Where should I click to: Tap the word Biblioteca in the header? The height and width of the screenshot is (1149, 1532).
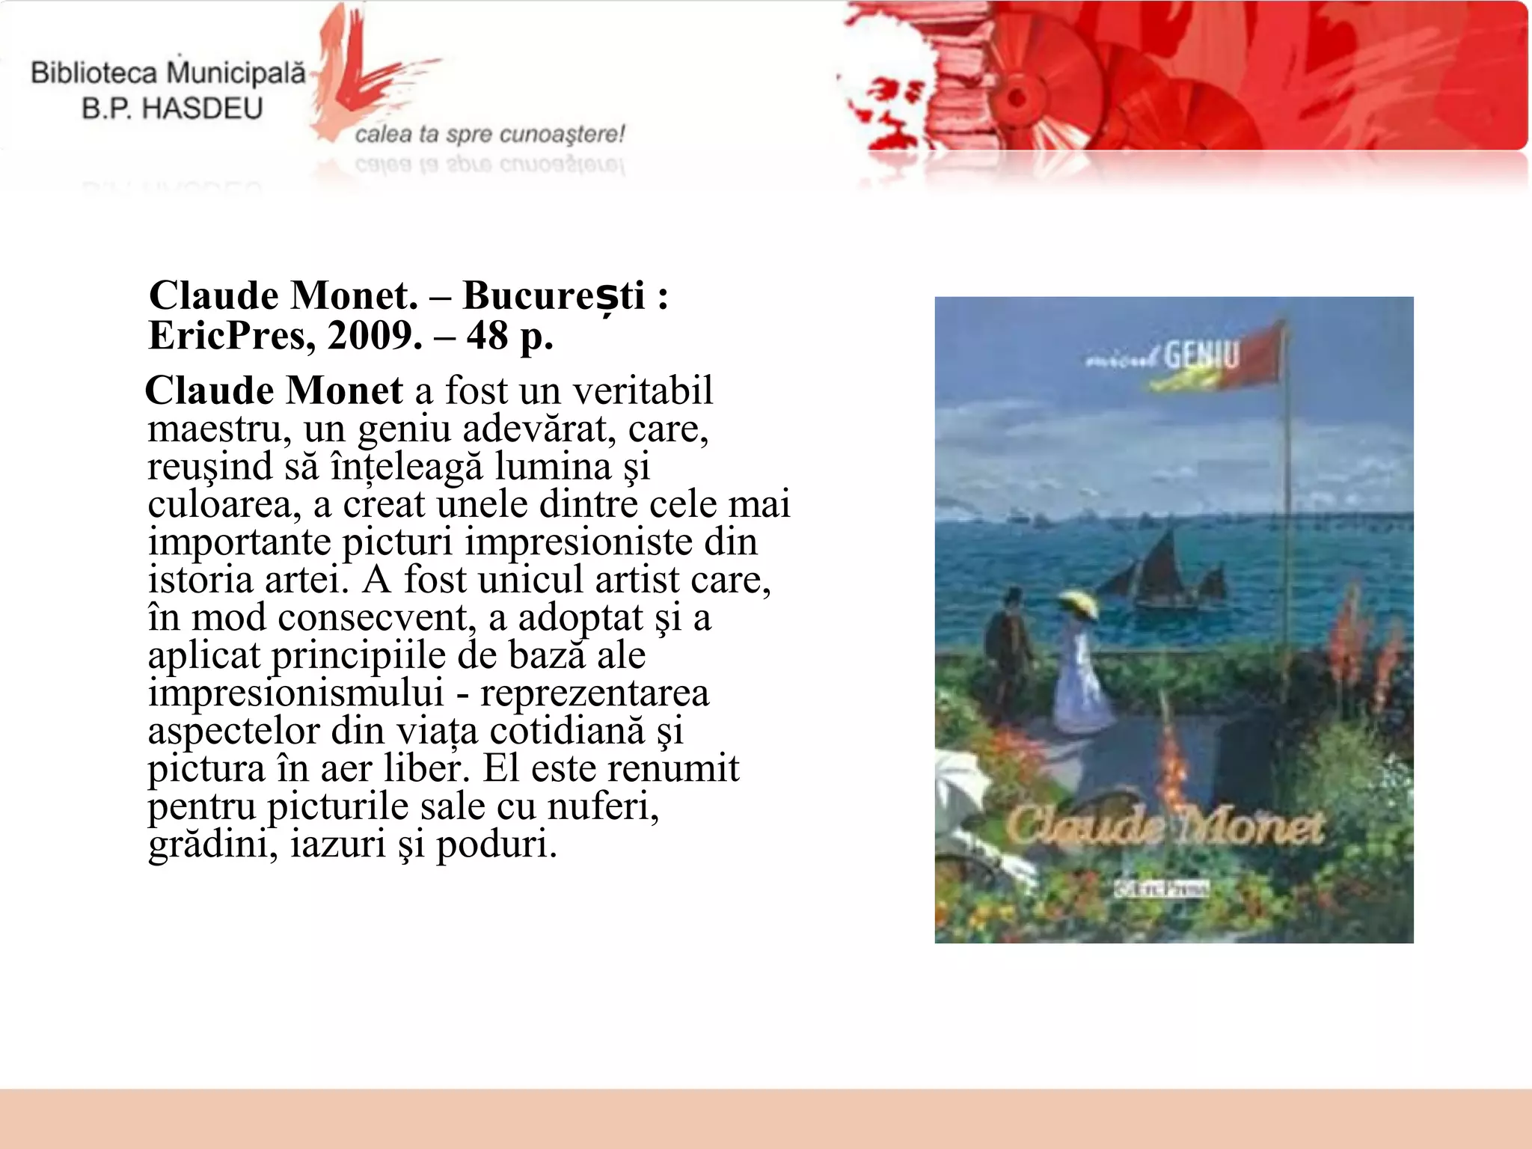click(x=94, y=73)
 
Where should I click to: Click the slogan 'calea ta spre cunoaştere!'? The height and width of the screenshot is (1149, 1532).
click(x=489, y=135)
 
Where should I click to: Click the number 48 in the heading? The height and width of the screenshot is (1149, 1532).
click(x=488, y=335)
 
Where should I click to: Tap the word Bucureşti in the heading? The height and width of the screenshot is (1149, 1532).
click(x=554, y=296)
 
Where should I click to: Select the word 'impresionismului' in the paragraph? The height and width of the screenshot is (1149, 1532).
click(x=296, y=693)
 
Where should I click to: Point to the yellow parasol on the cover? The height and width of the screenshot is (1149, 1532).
click(x=1074, y=601)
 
